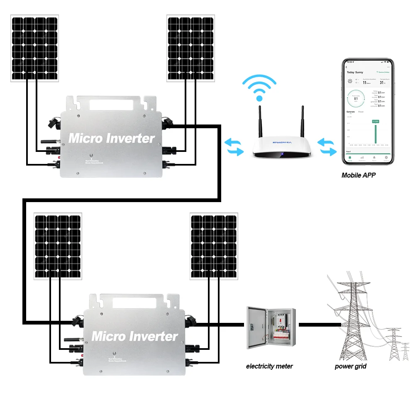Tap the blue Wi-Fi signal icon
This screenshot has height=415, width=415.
[259, 88]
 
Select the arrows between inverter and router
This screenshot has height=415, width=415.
[234, 147]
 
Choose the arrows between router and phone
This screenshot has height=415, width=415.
[327, 147]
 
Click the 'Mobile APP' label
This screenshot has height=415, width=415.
[358, 175]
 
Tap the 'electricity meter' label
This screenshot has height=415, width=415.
[269, 366]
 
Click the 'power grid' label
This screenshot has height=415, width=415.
[351, 366]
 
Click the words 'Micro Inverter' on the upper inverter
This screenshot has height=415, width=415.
[111, 138]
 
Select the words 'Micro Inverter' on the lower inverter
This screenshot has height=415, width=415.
[134, 336]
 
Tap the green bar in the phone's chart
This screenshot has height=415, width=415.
[375, 133]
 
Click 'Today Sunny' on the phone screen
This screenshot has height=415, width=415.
[355, 72]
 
